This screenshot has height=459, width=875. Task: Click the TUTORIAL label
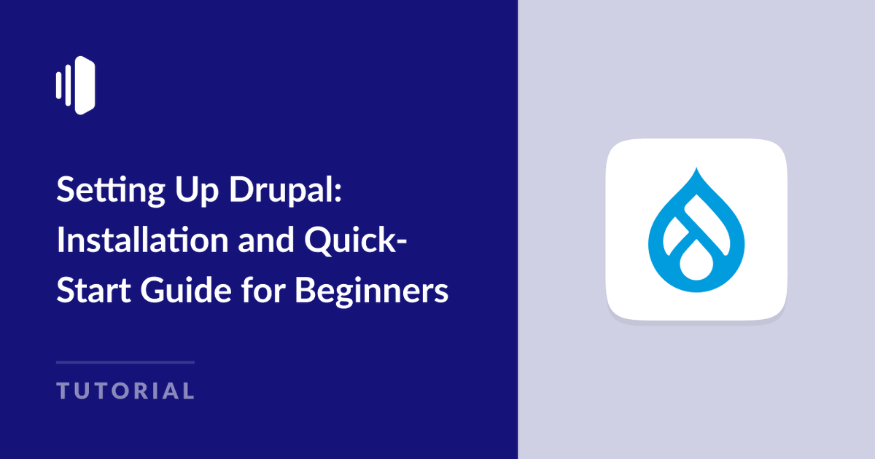point(126,391)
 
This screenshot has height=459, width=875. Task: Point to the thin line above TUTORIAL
point(125,362)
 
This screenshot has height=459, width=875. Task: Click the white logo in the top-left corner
point(76,85)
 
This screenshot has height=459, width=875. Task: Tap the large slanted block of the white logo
point(85,85)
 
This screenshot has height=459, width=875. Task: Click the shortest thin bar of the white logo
point(58,85)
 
